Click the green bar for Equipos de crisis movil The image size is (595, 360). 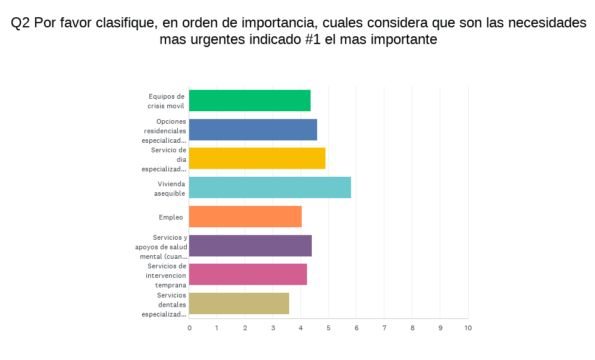click(250, 101)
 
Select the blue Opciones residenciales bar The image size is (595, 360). click(253, 130)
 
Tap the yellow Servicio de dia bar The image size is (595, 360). click(257, 158)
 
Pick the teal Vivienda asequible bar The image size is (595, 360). click(270, 187)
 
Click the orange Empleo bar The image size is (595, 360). click(245, 217)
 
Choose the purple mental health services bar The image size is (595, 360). click(250, 246)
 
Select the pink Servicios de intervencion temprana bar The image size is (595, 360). click(248, 274)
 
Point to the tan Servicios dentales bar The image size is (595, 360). click(239, 303)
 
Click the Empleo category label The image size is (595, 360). click(171, 217)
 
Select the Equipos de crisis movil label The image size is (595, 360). click(167, 101)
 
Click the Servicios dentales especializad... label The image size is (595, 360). click(165, 304)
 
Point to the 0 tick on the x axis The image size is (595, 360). click(189, 328)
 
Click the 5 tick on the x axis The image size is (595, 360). click(328, 328)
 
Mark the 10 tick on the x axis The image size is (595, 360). click(468, 328)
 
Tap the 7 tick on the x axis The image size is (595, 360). click(384, 328)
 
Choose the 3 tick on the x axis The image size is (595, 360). click(273, 328)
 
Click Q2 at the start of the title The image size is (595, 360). click(21, 23)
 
